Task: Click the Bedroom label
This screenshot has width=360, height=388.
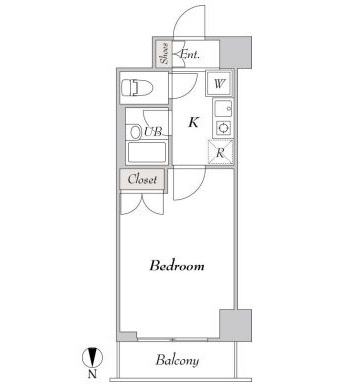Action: [x=177, y=266]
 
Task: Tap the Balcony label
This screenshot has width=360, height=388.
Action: [x=177, y=360]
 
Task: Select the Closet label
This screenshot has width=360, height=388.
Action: [x=142, y=179]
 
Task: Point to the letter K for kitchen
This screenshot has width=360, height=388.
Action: [x=193, y=122]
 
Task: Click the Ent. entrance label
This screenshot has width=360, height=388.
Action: [x=190, y=54]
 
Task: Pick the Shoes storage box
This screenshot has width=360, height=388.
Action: [x=164, y=54]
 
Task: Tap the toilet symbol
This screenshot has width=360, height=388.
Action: [x=137, y=88]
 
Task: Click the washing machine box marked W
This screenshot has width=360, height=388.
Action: [x=219, y=83]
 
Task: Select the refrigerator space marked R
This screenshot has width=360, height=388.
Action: [x=220, y=152]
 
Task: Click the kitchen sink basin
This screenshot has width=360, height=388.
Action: [x=223, y=109]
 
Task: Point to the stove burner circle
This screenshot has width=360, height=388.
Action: [x=223, y=128]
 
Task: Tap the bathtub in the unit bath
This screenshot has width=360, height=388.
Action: [x=147, y=152]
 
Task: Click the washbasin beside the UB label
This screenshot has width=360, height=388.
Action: [x=136, y=132]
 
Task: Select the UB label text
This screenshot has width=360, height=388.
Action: [x=153, y=132]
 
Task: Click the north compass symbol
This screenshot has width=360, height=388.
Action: [x=92, y=357]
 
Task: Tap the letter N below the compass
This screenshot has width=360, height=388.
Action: [x=92, y=374]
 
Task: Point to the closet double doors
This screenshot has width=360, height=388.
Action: [x=142, y=204]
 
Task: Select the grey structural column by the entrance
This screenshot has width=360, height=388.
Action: [x=235, y=53]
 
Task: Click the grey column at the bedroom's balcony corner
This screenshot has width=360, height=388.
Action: [x=235, y=325]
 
